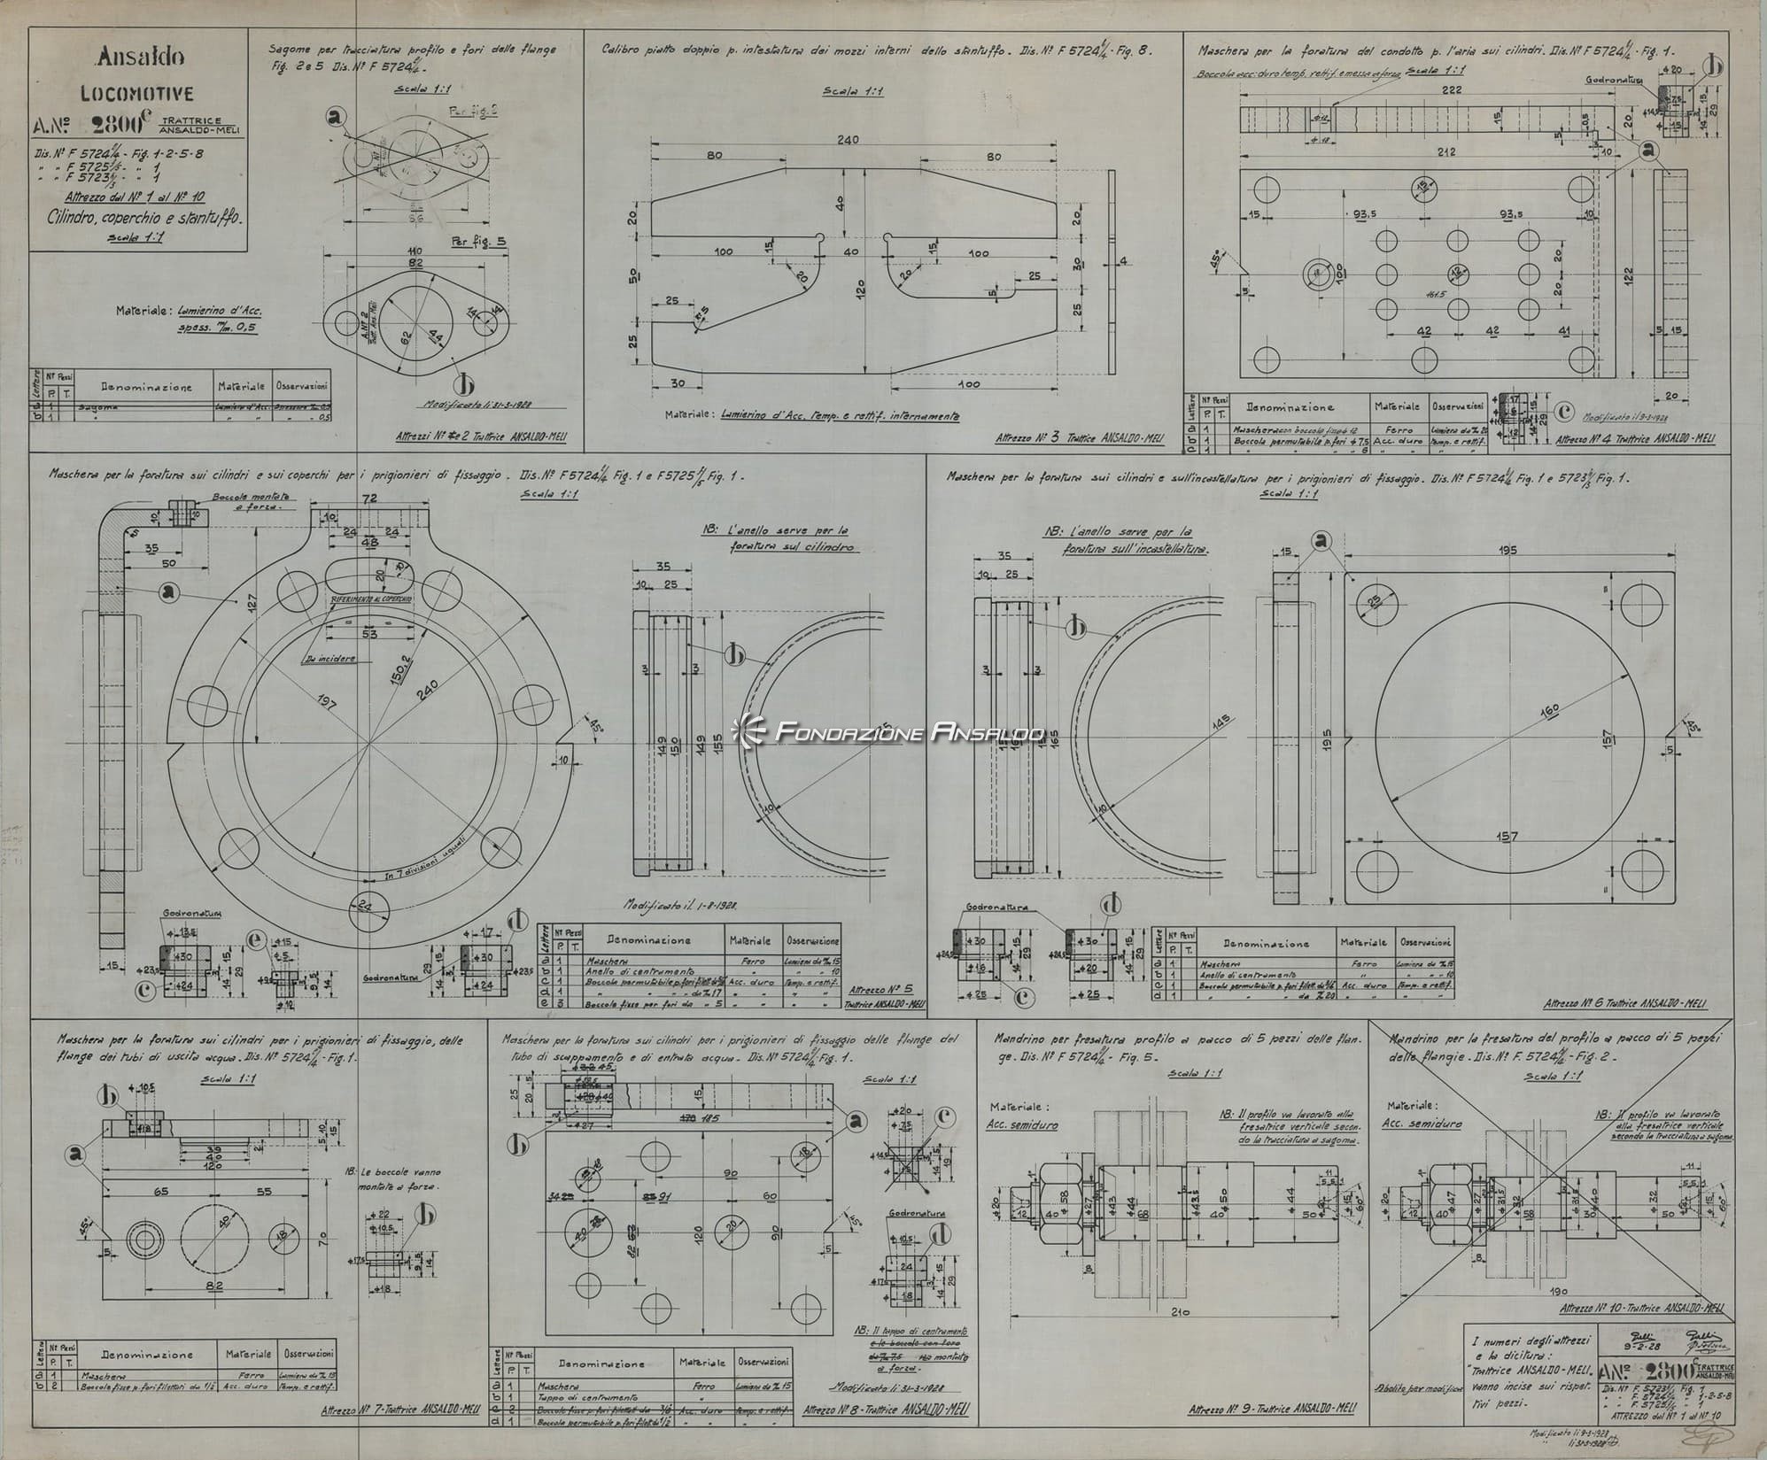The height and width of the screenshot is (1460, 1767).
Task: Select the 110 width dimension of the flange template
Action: [x=415, y=251]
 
